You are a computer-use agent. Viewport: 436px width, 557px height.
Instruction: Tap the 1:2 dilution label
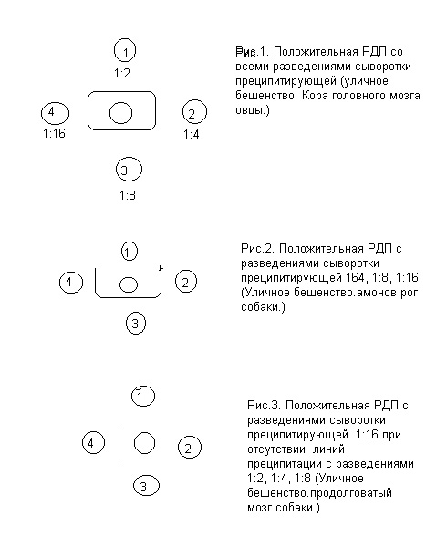(122, 73)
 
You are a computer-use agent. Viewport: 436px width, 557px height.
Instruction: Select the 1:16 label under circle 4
(54, 133)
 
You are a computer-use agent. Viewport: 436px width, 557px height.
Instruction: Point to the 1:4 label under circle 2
(192, 134)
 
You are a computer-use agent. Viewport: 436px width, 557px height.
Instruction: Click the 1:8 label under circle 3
(127, 195)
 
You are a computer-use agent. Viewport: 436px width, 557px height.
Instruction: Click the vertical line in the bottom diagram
(119, 447)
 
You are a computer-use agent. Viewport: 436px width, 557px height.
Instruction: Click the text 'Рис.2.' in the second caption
(257, 248)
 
